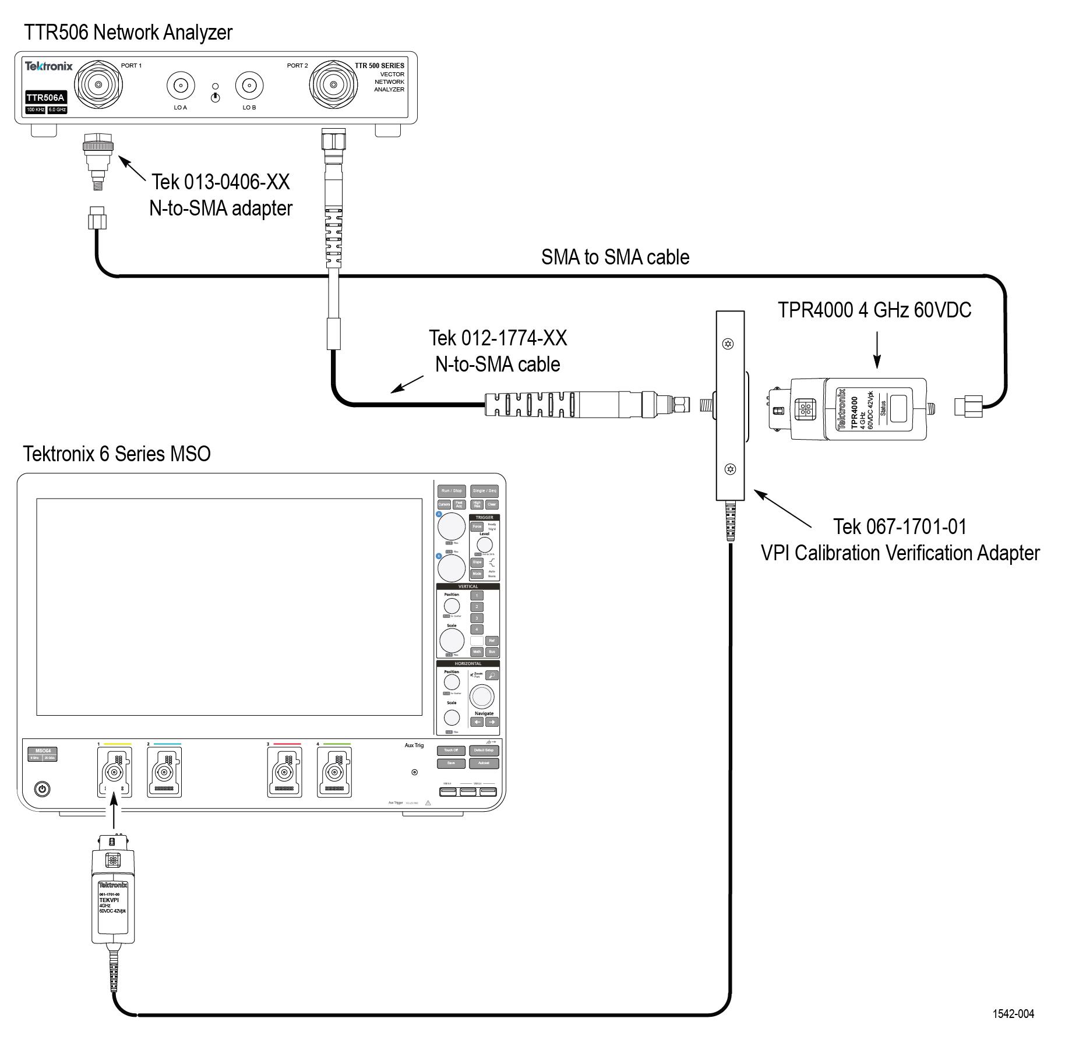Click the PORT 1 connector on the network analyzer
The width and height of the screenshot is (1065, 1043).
tap(98, 85)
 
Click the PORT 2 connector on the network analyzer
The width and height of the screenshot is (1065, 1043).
tap(333, 85)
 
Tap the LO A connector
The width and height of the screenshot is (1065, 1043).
tap(181, 86)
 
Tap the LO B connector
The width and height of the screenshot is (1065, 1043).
tap(249, 86)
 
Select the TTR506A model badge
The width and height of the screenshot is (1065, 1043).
tap(45, 98)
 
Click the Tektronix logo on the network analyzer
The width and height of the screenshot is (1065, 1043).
tap(48, 66)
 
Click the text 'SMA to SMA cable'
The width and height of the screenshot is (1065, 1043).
tap(615, 257)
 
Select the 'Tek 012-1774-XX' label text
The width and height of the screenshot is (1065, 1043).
tap(498, 338)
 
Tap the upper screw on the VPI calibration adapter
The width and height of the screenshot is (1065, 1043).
tap(728, 344)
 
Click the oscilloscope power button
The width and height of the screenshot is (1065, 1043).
tap(42, 789)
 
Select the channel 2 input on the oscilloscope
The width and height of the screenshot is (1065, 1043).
tap(164, 773)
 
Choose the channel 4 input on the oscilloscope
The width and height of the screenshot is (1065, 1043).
tap(334, 773)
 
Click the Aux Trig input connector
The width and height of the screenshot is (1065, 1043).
tap(414, 772)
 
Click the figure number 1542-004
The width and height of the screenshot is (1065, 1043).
tap(1013, 1014)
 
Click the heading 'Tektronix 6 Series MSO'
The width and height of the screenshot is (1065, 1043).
tap(117, 454)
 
